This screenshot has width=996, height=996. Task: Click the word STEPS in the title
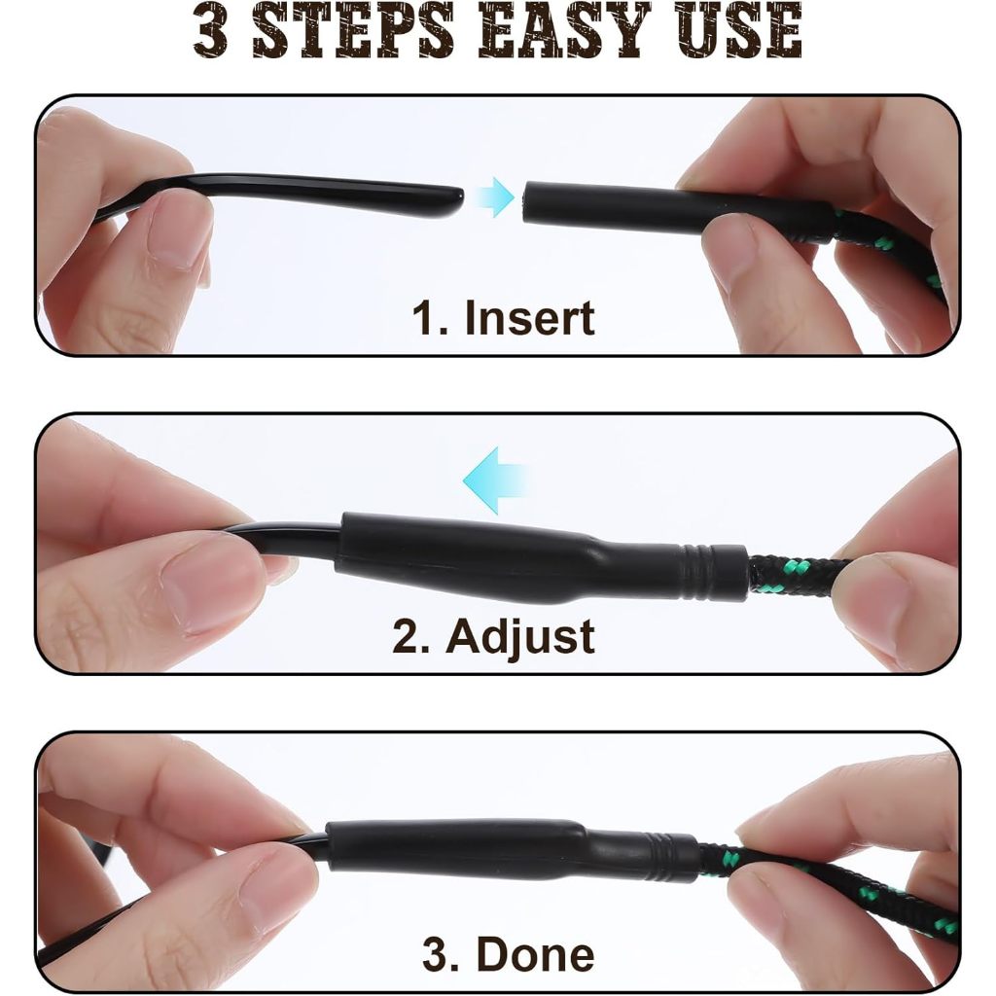pos(353,30)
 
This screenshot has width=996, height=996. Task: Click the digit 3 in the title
pos(211,30)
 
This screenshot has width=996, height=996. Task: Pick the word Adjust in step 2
pos(520,638)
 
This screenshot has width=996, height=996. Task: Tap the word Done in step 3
pos(535,954)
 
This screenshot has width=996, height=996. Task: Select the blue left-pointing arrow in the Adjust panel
pos(494,480)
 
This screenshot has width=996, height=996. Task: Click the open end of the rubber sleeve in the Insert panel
pos(526,202)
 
